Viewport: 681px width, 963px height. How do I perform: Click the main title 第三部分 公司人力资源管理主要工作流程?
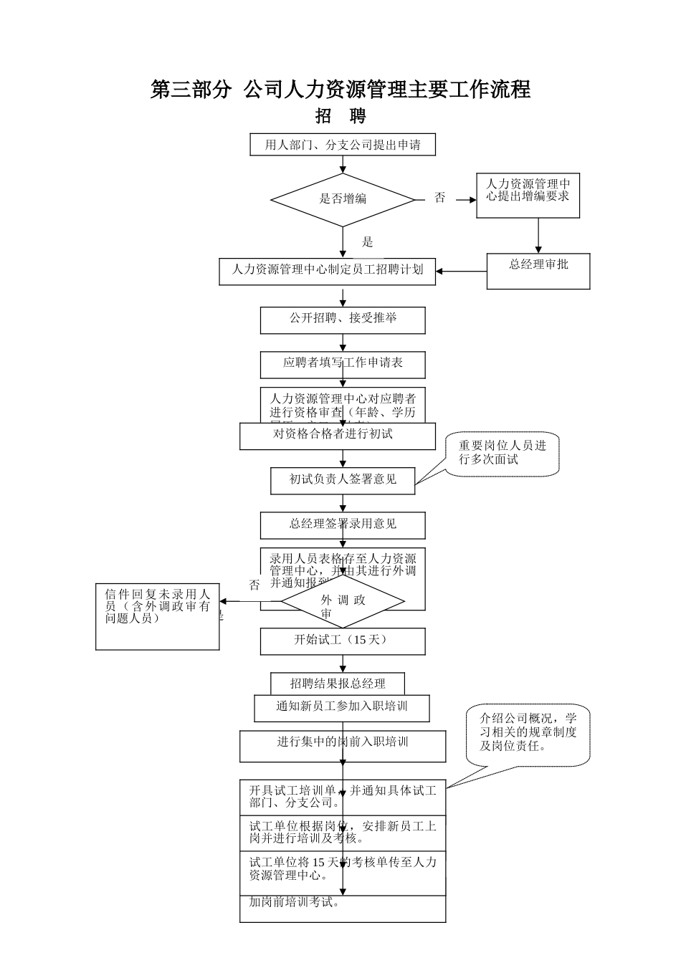340,90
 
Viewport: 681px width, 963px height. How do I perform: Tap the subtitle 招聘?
340,116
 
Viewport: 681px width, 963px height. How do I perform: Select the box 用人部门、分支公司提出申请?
343,145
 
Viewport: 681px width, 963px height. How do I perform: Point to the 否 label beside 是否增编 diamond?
439,198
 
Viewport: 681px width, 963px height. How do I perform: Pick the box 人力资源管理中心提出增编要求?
528,196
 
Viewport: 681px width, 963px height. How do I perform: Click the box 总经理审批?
538,271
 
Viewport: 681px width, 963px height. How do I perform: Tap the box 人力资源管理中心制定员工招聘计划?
327,271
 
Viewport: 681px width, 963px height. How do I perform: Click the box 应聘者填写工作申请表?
343,364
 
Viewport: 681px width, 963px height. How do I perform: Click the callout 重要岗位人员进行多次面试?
502,454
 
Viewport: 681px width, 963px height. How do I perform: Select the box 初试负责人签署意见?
343,480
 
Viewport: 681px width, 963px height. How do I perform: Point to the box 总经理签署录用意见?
343,524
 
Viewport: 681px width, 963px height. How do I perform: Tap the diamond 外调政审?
343,602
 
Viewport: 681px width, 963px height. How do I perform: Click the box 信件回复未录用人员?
158,616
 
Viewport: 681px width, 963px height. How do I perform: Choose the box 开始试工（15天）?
343,641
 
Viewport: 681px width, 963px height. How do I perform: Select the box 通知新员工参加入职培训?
342,707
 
